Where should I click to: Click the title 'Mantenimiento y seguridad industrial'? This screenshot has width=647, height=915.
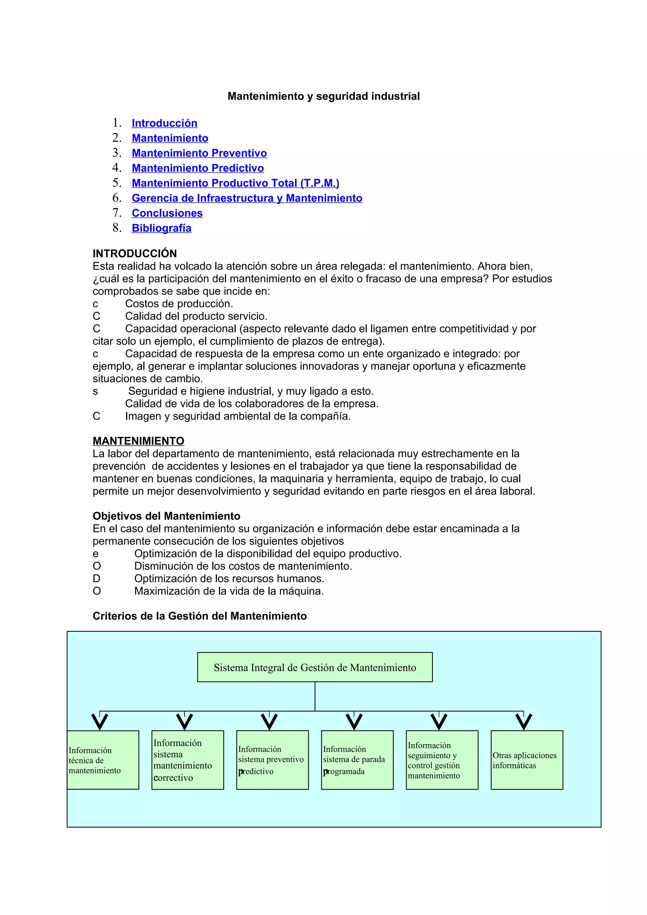coord(323,96)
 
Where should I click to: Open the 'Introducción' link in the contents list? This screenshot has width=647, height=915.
coord(164,123)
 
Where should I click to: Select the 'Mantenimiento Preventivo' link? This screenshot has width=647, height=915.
coord(199,153)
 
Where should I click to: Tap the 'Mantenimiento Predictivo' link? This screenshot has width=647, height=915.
coord(198,168)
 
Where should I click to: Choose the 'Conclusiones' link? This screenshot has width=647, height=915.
coord(167,213)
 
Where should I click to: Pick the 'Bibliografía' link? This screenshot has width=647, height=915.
coord(161,228)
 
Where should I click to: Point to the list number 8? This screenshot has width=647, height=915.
coord(116,228)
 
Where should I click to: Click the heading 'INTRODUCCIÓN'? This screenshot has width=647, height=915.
coord(135,254)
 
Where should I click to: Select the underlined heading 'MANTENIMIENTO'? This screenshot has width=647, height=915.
coord(138,441)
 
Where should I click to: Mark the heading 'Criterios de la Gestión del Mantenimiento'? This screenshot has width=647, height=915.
coord(199,616)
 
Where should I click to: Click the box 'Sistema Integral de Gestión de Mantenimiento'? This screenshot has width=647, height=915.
coord(315,667)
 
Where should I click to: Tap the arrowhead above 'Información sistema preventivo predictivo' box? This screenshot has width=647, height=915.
coord(269,722)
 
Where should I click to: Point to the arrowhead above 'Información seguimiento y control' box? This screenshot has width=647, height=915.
coord(439,722)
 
